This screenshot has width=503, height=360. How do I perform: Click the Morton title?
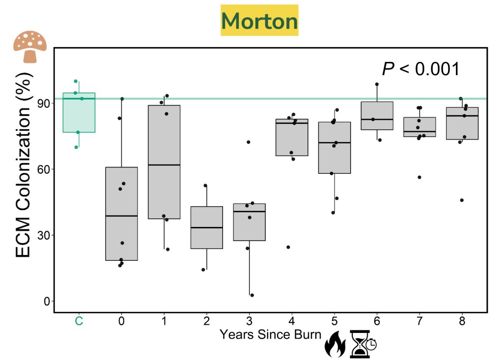tap(260, 21)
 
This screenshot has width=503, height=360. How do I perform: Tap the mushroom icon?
tap(30, 47)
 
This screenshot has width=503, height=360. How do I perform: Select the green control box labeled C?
tap(79, 112)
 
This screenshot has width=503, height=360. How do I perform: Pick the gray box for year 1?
tap(164, 162)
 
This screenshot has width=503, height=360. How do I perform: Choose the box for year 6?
tap(377, 115)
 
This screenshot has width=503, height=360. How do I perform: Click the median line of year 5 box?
tap(335, 142)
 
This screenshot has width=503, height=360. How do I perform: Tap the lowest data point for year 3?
tap(252, 295)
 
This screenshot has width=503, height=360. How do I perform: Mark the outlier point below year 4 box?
tap(288, 247)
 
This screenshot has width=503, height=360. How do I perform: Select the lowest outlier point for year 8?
tap(462, 200)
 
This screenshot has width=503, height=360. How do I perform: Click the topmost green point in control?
tap(76, 81)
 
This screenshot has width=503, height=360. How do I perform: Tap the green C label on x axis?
tap(79, 321)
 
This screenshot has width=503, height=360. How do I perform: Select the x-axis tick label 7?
tap(419, 321)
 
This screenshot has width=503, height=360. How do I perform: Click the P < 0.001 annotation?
tap(420, 69)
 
